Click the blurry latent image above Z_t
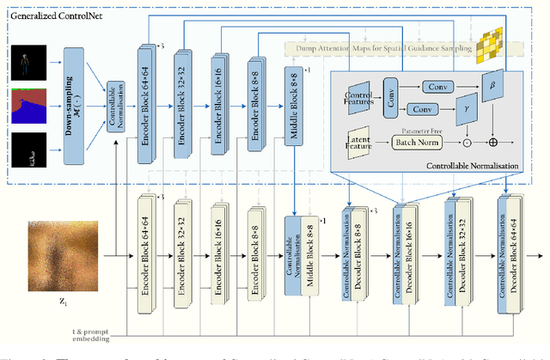(x=62, y=253)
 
